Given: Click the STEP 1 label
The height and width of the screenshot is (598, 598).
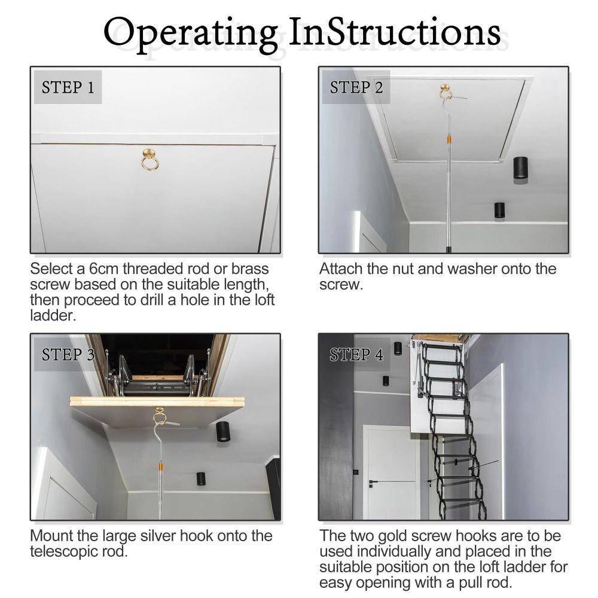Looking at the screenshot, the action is [x=68, y=87].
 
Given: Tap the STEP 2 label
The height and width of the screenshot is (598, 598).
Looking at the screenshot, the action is [x=356, y=87].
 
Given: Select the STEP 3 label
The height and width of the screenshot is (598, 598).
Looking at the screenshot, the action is [x=68, y=355].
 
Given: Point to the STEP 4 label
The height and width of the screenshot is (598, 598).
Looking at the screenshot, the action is [x=356, y=355].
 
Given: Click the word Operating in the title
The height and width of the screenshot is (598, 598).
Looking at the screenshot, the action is [x=191, y=33].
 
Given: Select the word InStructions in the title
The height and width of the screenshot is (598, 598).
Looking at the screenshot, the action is [x=394, y=32].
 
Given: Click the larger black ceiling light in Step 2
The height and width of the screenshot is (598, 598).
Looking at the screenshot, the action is [x=520, y=168].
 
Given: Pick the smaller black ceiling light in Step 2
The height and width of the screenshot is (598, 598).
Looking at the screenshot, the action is [x=499, y=210].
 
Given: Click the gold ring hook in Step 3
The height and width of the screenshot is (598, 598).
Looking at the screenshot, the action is [x=160, y=416].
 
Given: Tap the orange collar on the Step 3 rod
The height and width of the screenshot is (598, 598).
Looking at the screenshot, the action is [x=160, y=467].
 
